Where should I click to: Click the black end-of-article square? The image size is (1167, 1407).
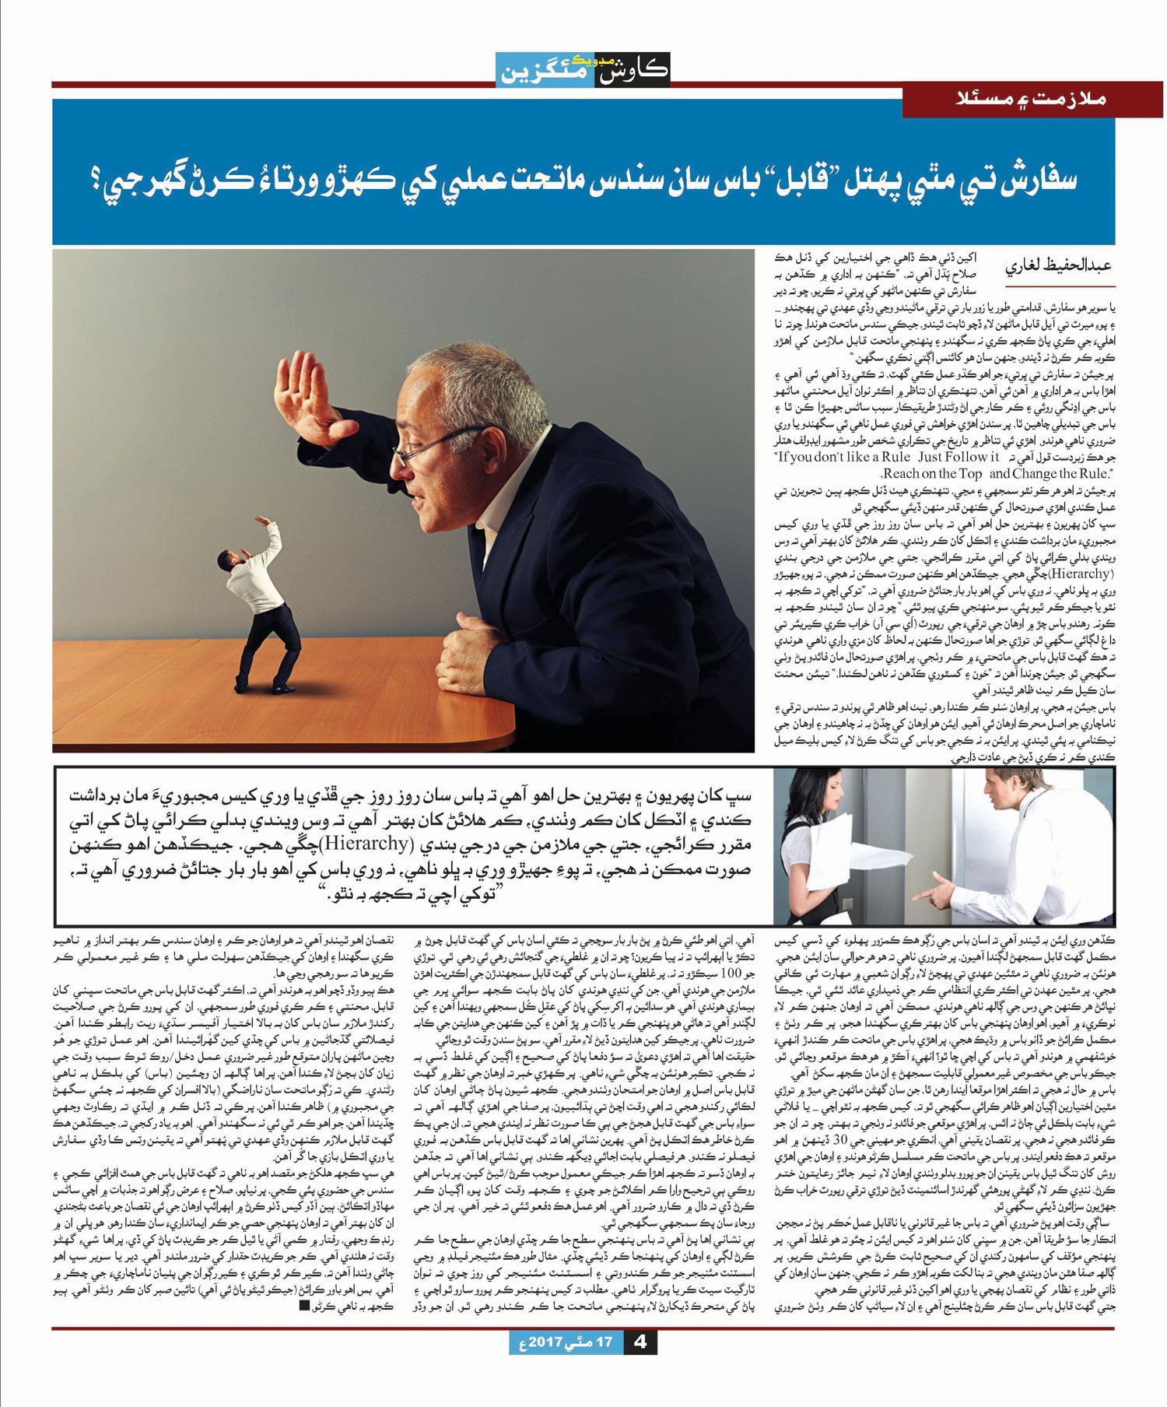304,1305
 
